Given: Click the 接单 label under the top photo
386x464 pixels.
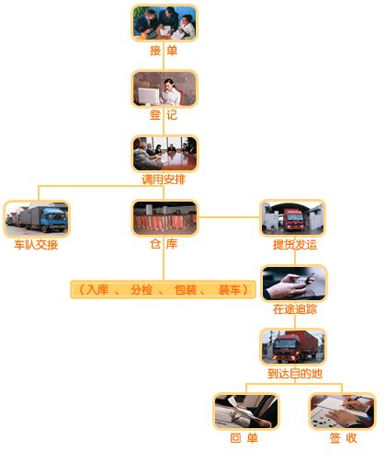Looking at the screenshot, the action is pos(164,50).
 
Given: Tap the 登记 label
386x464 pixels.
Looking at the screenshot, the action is pos(164,115).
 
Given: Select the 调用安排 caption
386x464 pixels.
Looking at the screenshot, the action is pos(164,180).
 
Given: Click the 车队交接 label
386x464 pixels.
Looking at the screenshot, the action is pos(36,245).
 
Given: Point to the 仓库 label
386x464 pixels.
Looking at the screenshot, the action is pos(164,244).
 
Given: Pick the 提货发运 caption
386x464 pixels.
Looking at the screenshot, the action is pos(295,245).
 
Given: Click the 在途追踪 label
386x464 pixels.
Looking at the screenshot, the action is pos(295,309).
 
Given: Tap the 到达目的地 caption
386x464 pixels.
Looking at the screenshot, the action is pos(295,374).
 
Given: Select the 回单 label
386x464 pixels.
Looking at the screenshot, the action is pos(244,438).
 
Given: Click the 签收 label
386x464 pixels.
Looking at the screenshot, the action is pos(344,438).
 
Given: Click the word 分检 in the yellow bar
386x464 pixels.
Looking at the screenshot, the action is pos(142,290).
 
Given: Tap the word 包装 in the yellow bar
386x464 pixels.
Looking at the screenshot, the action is pos(186,290).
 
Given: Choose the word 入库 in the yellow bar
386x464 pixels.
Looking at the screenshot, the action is pos(97,290).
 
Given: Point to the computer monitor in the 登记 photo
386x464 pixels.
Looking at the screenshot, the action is pos(148,96).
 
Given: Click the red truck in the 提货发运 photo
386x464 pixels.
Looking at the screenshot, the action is pos(294,219).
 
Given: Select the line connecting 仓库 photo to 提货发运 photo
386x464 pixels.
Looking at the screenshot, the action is pos(229,217).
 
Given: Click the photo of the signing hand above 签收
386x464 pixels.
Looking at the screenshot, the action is pos(343,411).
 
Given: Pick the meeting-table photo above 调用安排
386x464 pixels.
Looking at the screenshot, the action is pos(165,154).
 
